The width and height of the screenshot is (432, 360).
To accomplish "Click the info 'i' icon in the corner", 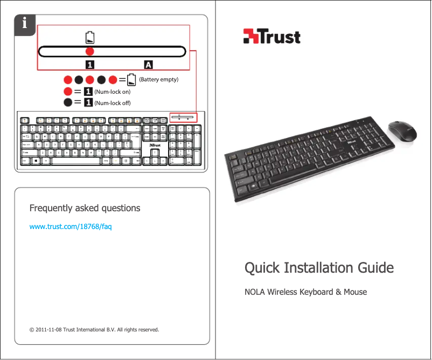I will point(24,24).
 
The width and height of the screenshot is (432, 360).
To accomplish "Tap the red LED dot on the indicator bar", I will point(90,51).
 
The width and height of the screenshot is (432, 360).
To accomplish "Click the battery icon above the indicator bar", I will point(90,37).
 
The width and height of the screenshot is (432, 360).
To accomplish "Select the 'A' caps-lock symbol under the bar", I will point(148,65).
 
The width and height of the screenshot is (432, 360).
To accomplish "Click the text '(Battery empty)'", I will point(158,79).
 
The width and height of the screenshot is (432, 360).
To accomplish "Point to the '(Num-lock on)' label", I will point(112,92).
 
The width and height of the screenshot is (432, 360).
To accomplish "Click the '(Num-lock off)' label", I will point(112,102).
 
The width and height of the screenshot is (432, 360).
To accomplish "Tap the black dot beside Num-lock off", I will point(68,102).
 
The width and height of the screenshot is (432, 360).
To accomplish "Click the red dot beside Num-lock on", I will point(68,92).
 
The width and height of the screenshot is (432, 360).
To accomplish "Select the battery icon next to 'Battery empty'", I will point(131,80).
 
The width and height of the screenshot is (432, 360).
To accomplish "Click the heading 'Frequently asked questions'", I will point(85,208).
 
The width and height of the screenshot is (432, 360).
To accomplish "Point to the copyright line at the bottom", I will point(94,329).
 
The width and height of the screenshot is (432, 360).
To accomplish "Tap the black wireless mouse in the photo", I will point(402,130).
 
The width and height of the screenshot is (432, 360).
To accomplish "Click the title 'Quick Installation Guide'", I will point(319,268).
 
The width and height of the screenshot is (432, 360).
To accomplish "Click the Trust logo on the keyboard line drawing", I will point(154,145).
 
